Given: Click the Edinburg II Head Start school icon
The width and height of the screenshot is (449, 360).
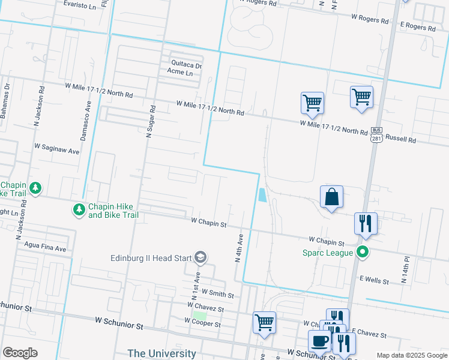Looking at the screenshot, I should click(200, 258).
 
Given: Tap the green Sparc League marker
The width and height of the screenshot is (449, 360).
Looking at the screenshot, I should click(362, 252).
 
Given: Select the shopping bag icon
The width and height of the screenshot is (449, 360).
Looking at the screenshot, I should click(331, 197).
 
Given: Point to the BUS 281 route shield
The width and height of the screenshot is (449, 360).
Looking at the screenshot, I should click(376, 135).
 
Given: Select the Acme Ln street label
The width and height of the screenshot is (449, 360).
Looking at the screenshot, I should click(180, 73).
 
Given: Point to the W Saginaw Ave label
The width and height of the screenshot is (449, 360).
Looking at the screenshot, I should click(57, 149).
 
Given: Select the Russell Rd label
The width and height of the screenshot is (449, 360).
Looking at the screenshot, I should click(400, 140).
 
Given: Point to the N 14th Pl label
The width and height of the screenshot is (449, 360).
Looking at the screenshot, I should click(406, 271).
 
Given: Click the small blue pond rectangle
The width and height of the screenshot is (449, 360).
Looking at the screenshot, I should click(262, 195).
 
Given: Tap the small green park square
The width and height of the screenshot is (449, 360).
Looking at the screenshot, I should click(199, 315).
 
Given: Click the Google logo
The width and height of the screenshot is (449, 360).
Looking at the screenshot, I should click(19, 353).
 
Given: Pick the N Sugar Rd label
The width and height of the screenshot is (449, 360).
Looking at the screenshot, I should click(151, 122).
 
